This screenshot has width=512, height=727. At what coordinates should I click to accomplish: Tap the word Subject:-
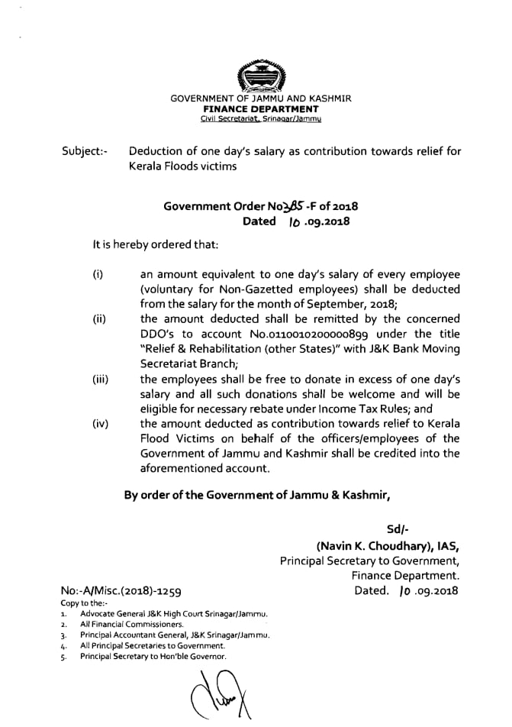[85, 152]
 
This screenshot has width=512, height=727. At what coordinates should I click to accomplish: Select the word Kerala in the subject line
[151, 166]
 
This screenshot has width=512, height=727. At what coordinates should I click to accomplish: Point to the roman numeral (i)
[98, 274]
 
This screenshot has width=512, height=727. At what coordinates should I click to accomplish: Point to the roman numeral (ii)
[98, 319]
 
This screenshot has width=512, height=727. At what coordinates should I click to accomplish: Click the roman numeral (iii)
[100, 380]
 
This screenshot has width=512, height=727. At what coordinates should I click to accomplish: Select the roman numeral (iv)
[99, 424]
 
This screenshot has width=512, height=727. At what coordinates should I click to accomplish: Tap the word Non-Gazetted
[260, 289]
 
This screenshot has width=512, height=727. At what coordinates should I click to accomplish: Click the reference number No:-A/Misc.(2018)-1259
[121, 591]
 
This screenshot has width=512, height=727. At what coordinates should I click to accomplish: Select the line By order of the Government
[257, 494]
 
